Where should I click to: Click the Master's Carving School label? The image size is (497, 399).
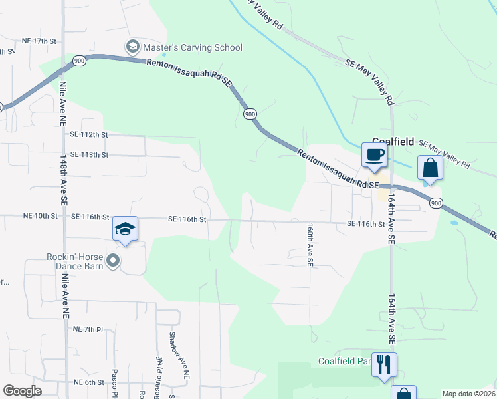(x=193, y=47)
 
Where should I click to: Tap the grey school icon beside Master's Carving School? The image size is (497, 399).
(x=133, y=47)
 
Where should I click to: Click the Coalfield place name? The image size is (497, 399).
(x=393, y=142)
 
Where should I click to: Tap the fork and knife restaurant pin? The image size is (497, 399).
(x=384, y=364)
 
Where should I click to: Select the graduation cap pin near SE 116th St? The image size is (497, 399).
(x=125, y=229)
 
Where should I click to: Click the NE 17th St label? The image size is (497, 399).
(x=40, y=41)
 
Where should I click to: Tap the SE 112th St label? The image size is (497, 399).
(x=88, y=134)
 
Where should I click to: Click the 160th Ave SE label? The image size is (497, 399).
(x=310, y=245)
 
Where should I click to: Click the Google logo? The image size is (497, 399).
(x=22, y=391)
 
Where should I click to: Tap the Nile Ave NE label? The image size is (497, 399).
(x=64, y=104)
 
